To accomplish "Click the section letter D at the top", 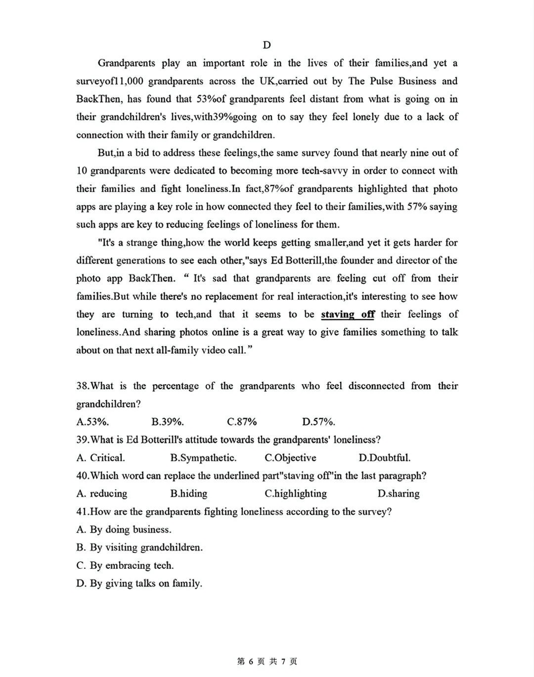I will point(267,45).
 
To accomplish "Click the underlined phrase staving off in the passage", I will point(348,315).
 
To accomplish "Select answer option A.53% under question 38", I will point(92,422).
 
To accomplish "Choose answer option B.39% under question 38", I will point(168,422).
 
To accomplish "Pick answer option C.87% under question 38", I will point(242,422).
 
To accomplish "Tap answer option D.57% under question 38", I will point(318,422).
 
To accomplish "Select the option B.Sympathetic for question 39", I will point(203,458).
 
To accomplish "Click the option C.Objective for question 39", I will point(290,458).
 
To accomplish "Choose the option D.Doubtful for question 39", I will point(384,458).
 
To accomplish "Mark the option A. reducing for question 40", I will point(101,494).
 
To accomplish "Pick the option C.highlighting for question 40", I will point(296,494).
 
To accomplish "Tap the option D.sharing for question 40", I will point(398,494).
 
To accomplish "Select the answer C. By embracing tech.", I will point(125,565).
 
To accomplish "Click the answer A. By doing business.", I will point(124,530).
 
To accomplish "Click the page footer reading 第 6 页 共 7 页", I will point(267,661).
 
